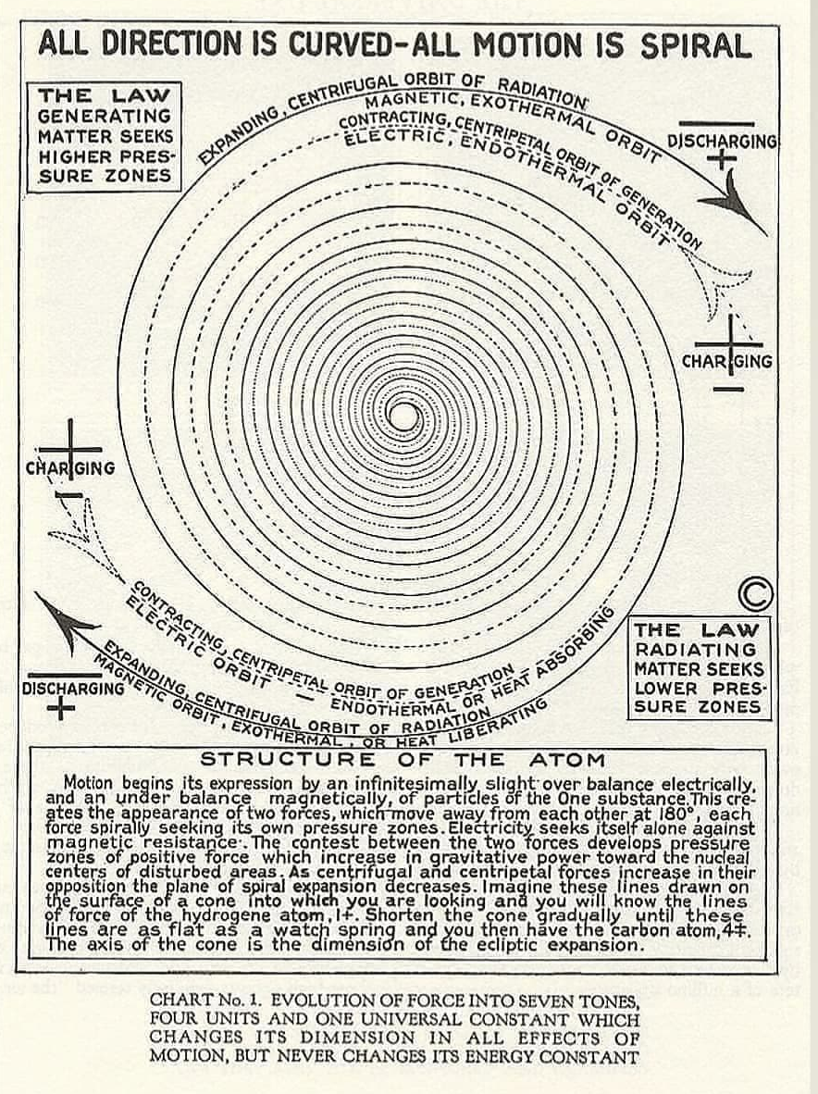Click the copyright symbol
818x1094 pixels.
(x=755, y=594)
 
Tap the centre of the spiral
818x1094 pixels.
(x=401, y=416)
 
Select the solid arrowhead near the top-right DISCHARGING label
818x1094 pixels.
(x=732, y=203)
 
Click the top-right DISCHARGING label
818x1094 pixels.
(x=722, y=142)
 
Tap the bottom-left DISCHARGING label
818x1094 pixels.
(x=73, y=689)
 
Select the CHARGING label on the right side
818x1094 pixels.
(x=727, y=361)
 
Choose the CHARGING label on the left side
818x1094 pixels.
(x=70, y=467)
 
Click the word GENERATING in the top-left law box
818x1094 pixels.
(x=105, y=116)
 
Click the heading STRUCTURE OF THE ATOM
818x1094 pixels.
(x=402, y=759)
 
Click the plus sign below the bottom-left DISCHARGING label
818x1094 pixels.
(x=61, y=710)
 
